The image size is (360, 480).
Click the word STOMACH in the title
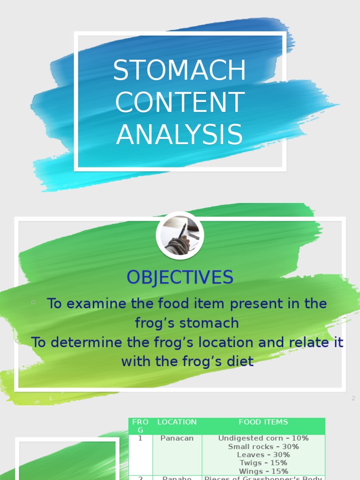point(180,71)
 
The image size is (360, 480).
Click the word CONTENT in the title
point(180,103)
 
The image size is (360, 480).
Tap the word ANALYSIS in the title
point(180,135)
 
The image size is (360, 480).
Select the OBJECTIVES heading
point(180,277)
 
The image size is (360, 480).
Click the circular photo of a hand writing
point(180,236)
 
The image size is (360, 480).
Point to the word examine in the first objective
point(97,304)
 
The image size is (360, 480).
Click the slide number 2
point(353,398)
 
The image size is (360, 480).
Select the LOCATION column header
point(177,422)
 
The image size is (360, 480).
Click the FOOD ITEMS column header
point(263,422)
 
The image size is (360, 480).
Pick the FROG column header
point(140,426)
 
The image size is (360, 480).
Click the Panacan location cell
point(177,438)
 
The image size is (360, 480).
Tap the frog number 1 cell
point(140,438)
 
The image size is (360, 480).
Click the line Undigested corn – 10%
point(263,438)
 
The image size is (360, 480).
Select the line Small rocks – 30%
point(263,447)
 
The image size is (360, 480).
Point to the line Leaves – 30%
point(263,455)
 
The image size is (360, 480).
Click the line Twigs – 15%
point(263,463)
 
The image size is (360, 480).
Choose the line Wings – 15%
point(263,471)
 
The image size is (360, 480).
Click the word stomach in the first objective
point(210,323)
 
